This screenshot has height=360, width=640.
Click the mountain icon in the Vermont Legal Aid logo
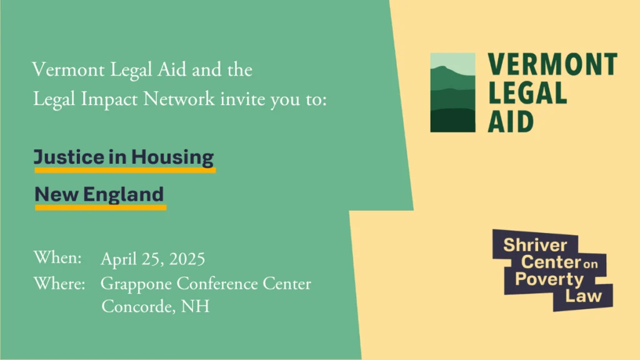click(x=452, y=92)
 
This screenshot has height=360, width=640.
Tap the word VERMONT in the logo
click(x=552, y=64)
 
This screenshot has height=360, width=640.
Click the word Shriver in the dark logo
click(x=535, y=245)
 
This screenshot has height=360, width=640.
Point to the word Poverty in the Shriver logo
click(x=549, y=279)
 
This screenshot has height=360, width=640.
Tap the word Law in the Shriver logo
click(x=583, y=296)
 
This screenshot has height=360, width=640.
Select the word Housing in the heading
click(x=172, y=157)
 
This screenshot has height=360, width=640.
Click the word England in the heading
click(x=123, y=195)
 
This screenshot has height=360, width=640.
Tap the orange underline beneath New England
click(x=101, y=207)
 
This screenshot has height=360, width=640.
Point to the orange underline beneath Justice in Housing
click(x=125, y=170)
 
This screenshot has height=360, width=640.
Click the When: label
click(x=57, y=257)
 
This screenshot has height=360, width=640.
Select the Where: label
click(x=59, y=283)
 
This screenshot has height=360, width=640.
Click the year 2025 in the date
click(x=187, y=259)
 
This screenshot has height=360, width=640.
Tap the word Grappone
click(x=136, y=284)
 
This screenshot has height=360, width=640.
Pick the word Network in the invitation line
click(x=179, y=99)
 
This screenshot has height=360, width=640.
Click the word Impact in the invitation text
click(x=109, y=100)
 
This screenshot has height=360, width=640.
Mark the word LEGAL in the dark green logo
click(x=527, y=92)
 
